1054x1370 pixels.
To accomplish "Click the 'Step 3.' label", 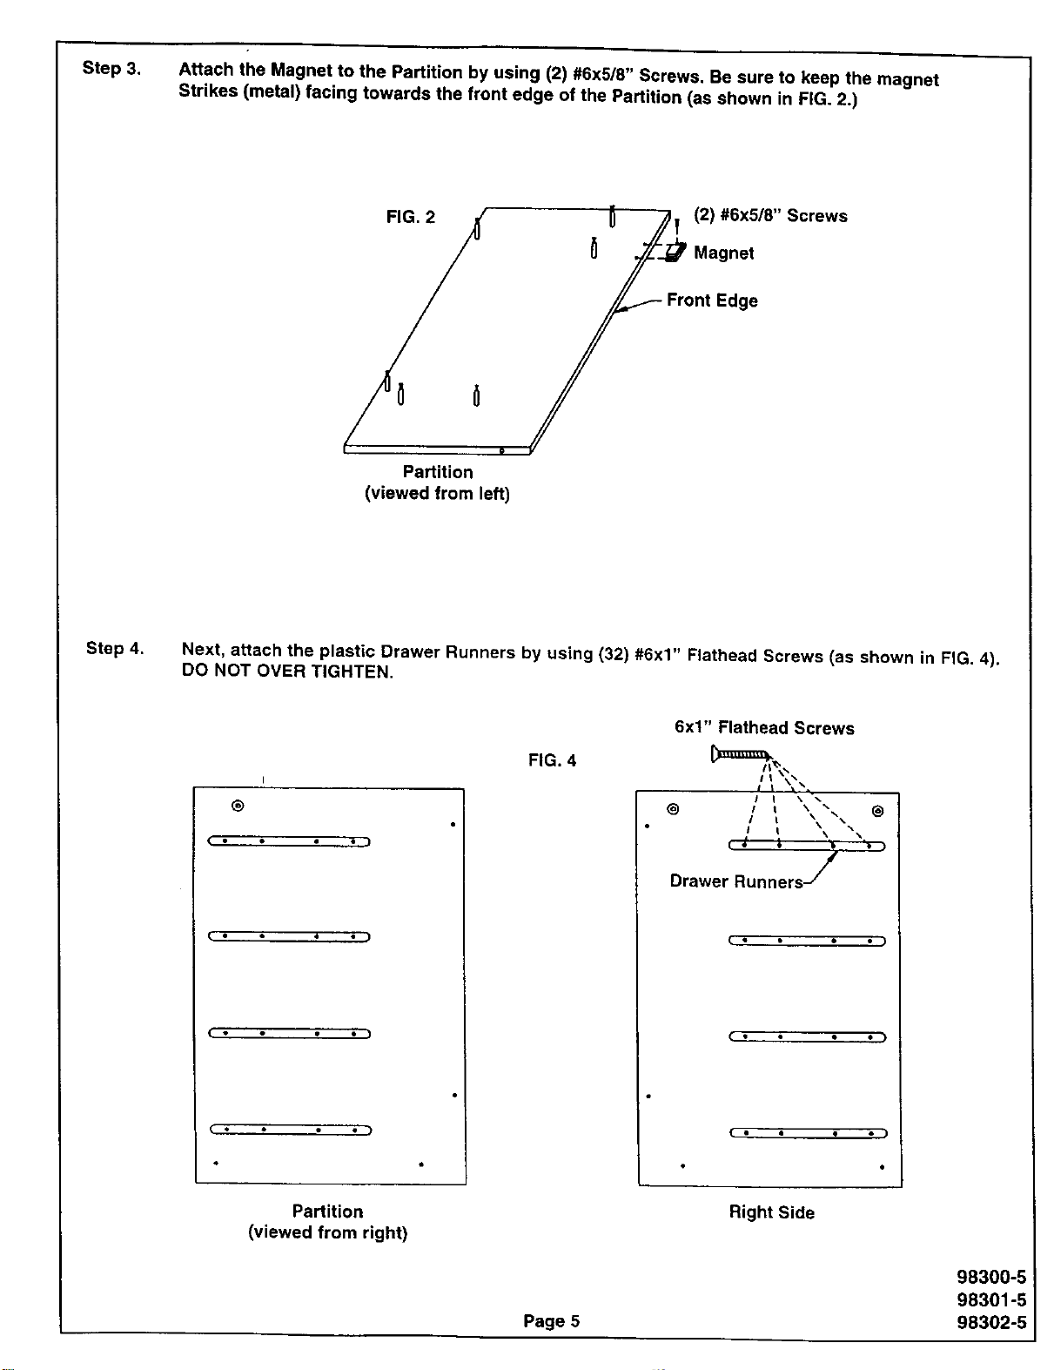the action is click(111, 68).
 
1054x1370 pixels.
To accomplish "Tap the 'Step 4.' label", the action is click(115, 648).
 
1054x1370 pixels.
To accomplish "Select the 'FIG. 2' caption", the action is click(411, 217).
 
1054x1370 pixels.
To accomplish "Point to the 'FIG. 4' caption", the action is click(552, 760).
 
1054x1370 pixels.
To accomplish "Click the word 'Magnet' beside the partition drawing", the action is click(723, 253).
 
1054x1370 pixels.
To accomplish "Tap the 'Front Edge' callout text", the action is click(712, 300).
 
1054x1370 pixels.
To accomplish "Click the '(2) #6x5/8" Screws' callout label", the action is click(770, 216).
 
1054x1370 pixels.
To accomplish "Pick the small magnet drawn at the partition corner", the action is click(675, 253).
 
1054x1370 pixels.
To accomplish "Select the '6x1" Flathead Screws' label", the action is click(764, 727).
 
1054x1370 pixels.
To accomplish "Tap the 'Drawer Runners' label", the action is click(735, 881).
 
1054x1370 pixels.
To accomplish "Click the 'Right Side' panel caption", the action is click(771, 1211).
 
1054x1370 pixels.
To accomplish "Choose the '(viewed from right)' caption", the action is click(327, 1232).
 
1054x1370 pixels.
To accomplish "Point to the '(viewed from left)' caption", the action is click(437, 493).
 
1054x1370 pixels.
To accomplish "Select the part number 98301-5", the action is click(991, 1299).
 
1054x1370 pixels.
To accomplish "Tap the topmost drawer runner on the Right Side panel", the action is click(807, 846).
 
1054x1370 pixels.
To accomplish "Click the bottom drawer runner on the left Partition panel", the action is click(291, 1130).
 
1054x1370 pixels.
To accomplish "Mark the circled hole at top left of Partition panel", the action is click(238, 805).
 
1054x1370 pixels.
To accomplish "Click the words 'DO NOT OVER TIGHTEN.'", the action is click(287, 671).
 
